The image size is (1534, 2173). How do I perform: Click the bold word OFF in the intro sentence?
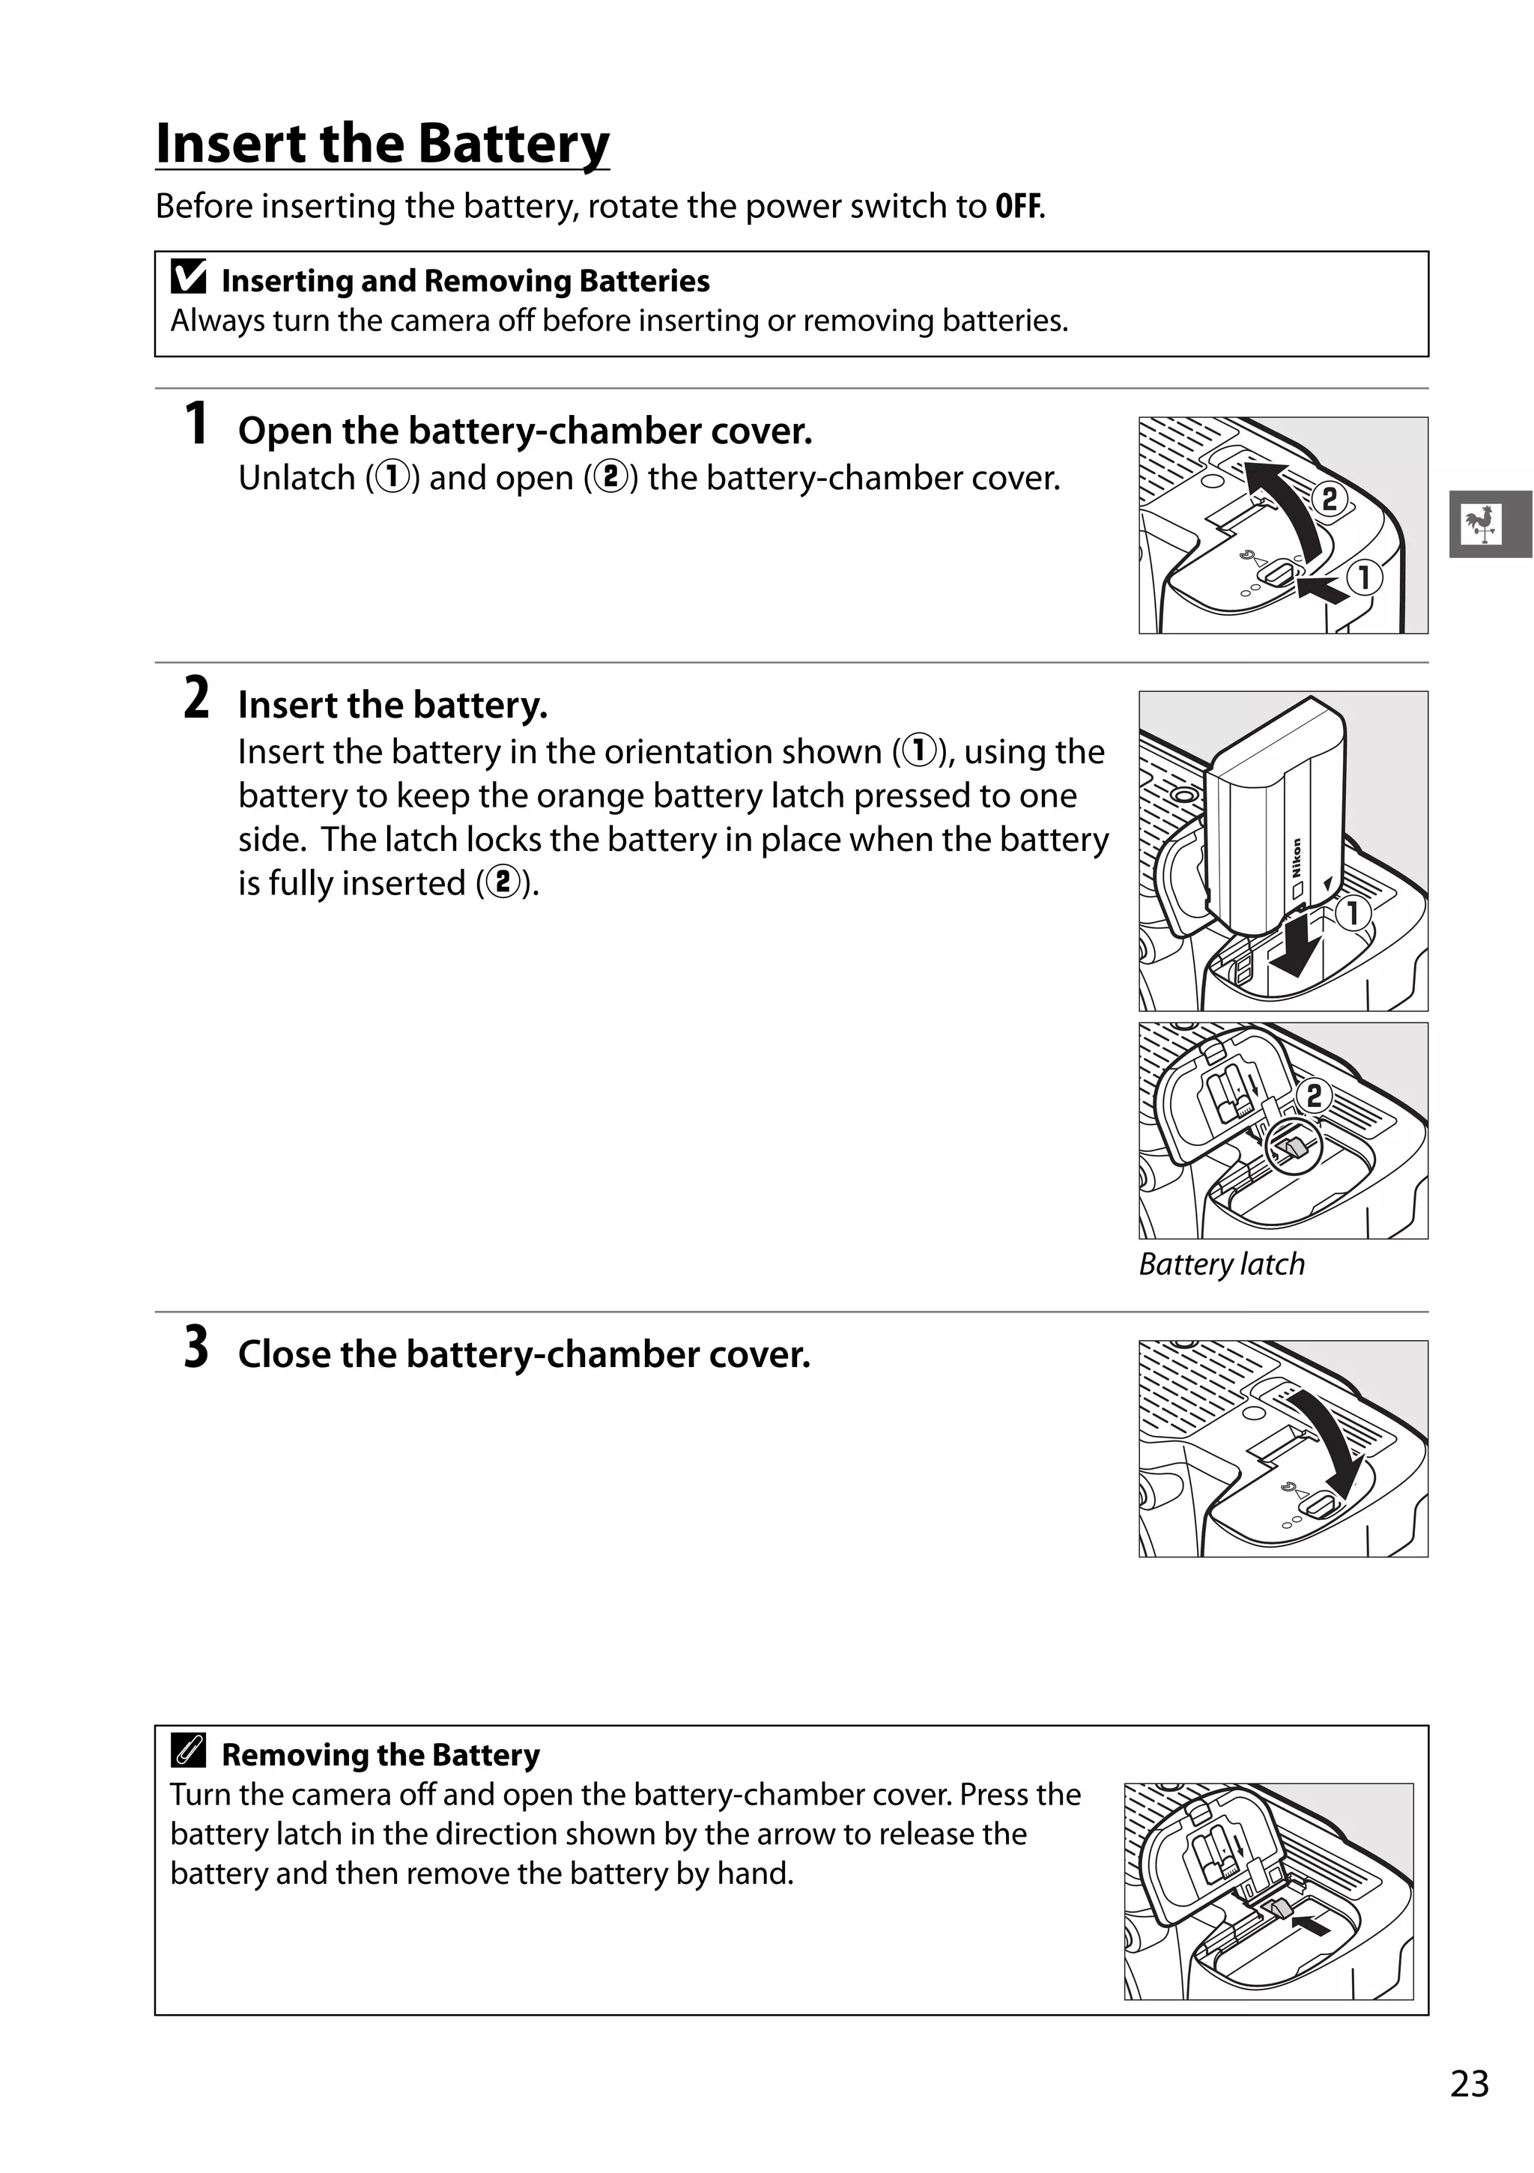(x=1017, y=206)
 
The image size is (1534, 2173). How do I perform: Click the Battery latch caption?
(x=1221, y=1264)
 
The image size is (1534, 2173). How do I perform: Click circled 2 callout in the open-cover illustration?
(x=1330, y=499)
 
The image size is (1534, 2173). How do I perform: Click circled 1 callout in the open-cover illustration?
(x=1365, y=578)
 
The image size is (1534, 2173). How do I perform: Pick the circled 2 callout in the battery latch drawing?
(x=1314, y=1096)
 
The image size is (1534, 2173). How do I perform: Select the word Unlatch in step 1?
(x=296, y=478)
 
